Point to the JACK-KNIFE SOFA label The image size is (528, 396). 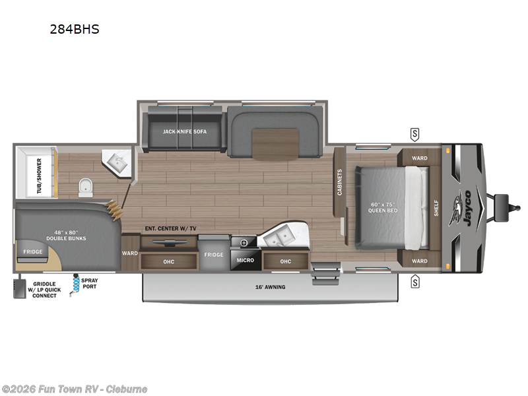point(185,131)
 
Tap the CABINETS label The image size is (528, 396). point(340,182)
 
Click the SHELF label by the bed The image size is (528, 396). point(436,209)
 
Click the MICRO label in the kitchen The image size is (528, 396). point(245,260)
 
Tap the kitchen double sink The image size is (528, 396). point(284,236)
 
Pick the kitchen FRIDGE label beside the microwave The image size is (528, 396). point(213,255)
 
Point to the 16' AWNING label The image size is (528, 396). point(273,287)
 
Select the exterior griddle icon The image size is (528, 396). point(20,289)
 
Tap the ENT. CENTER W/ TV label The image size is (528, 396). point(171,228)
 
